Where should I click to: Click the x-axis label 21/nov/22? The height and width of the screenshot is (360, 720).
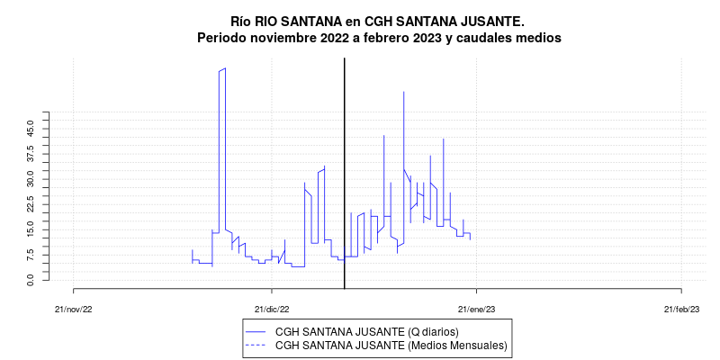click(x=73, y=309)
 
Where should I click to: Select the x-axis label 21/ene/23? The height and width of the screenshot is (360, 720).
click(x=477, y=309)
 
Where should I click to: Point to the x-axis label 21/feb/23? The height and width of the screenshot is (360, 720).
click(x=681, y=309)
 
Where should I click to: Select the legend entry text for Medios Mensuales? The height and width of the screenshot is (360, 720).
click(x=391, y=345)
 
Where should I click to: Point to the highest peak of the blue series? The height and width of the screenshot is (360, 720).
click(x=225, y=68)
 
